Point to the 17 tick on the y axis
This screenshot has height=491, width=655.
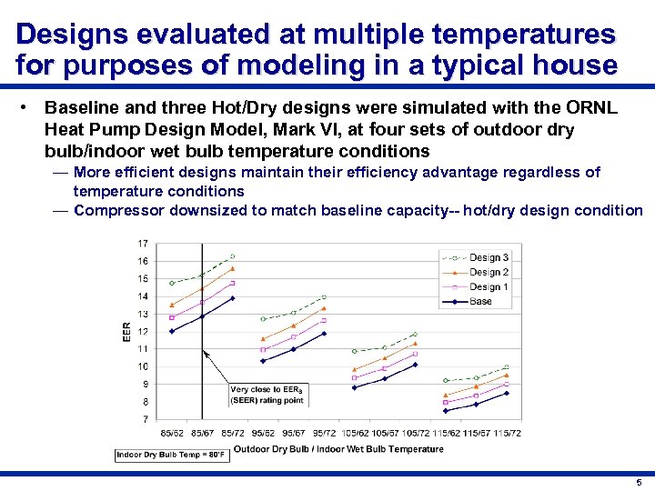(x=143, y=244)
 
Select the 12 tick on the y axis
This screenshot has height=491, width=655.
(x=143, y=332)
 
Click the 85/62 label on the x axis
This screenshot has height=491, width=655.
(x=171, y=432)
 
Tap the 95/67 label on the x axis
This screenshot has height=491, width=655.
(x=293, y=432)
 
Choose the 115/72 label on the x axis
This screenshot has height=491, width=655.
(x=506, y=432)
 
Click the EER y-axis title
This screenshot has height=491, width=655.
(x=126, y=332)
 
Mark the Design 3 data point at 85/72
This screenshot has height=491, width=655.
(x=233, y=256)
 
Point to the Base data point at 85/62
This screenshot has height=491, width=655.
(x=171, y=331)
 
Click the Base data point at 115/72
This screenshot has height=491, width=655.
(x=506, y=393)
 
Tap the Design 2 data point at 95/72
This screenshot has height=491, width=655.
(x=324, y=308)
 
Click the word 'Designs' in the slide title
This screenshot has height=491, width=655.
(x=69, y=35)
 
